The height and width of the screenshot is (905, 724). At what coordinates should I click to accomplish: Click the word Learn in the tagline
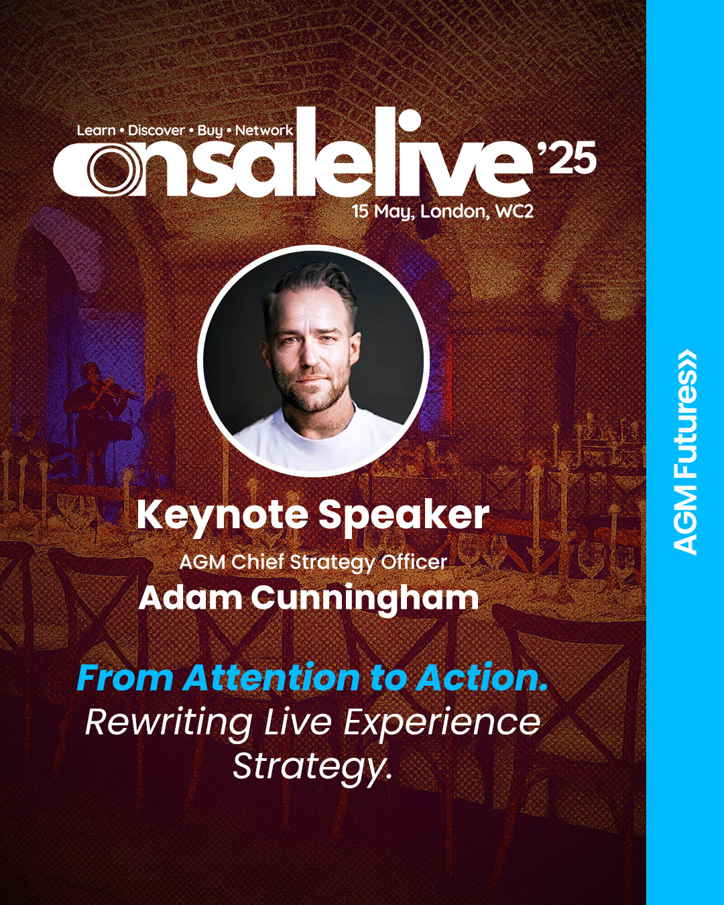96,130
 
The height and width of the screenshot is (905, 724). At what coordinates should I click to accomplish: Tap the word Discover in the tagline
156,130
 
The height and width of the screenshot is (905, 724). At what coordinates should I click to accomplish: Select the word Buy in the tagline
210,131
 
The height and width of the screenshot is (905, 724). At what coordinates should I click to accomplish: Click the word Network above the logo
264,130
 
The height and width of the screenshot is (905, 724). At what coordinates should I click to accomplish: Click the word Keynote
222,516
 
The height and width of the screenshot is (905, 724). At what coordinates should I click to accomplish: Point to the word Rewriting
167,724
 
